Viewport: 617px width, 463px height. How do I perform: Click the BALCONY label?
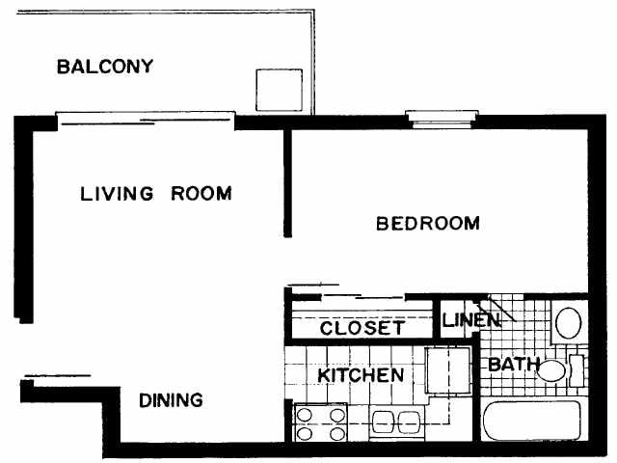tap(105, 67)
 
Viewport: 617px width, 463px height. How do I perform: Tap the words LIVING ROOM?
tap(155, 193)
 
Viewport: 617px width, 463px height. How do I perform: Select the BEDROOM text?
tap(427, 224)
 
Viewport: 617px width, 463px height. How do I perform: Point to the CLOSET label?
tap(362, 328)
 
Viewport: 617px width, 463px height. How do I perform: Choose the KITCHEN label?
tap(361, 374)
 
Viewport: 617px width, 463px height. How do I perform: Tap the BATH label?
tap(508, 366)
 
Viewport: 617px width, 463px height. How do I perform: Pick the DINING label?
tap(171, 399)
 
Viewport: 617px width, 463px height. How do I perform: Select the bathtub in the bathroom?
tap(530, 422)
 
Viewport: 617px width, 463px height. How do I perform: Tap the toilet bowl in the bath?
tap(551, 368)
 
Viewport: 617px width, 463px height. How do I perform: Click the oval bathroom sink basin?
tap(569, 320)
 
